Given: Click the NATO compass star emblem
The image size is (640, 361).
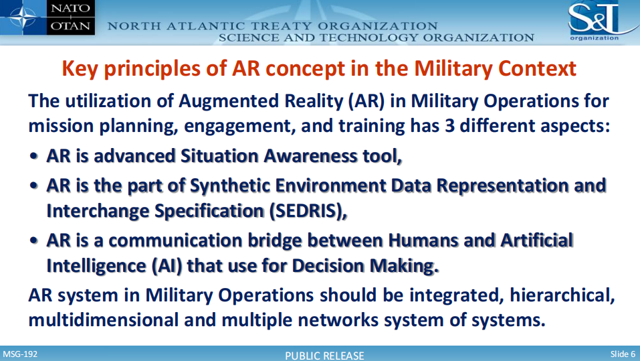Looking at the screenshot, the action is [x=23, y=17].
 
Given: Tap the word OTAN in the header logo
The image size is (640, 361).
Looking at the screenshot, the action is [x=71, y=26].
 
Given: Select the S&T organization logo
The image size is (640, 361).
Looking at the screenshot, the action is [x=599, y=21].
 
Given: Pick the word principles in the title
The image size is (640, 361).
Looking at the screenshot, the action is [x=152, y=69].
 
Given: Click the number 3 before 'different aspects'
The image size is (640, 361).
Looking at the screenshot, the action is [x=450, y=125].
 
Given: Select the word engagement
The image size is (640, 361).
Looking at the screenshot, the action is [x=240, y=127].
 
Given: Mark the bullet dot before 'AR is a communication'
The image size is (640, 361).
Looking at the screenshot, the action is [x=34, y=240].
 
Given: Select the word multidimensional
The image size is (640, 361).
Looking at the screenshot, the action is [x=104, y=319].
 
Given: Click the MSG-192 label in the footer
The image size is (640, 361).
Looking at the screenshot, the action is [x=21, y=354].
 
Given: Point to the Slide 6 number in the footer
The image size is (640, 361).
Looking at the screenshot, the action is [x=623, y=354].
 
